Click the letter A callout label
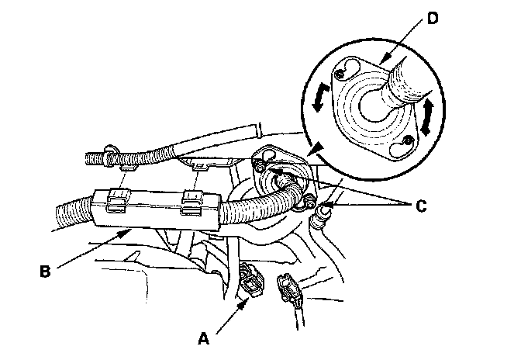(203, 339)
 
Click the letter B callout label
(45, 272)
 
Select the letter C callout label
(421, 206)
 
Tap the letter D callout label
(433, 19)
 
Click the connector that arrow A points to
(251, 279)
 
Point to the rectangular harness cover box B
(157, 210)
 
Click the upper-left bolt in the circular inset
(340, 74)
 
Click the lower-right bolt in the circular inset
(405, 141)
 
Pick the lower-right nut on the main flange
(309, 202)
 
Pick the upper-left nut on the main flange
(258, 163)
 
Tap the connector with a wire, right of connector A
(289, 288)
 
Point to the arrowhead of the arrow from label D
(383, 61)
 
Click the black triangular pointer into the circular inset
(316, 149)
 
